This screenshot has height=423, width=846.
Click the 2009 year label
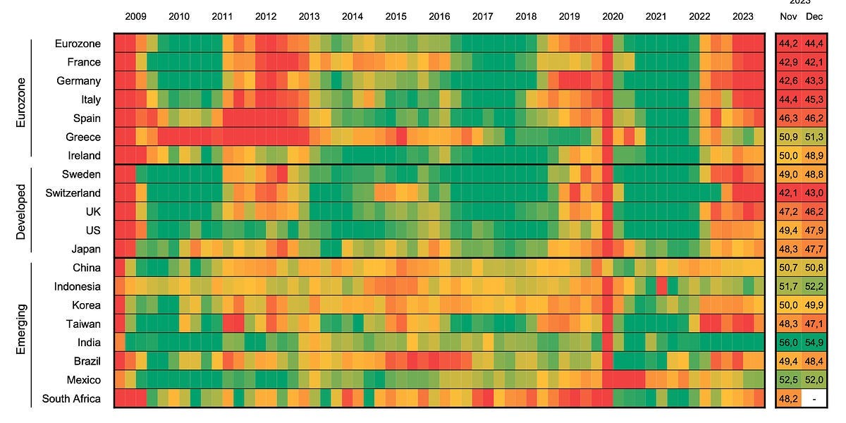pyautogui.click(x=135, y=16)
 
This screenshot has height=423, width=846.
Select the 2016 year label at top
pyautogui.click(x=439, y=16)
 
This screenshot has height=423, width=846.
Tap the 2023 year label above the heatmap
pyautogui.click(x=742, y=16)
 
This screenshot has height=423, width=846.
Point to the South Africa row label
pyautogui.click(x=71, y=398)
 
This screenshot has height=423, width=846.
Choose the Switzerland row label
pyautogui.click(x=73, y=192)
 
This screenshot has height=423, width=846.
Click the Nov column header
pyautogui.click(x=788, y=16)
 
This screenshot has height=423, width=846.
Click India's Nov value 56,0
pyautogui.click(x=788, y=343)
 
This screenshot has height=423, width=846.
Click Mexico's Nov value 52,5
pyautogui.click(x=788, y=380)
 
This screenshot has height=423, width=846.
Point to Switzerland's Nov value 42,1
pyautogui.click(x=788, y=193)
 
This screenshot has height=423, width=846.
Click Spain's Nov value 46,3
pyautogui.click(x=788, y=118)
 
